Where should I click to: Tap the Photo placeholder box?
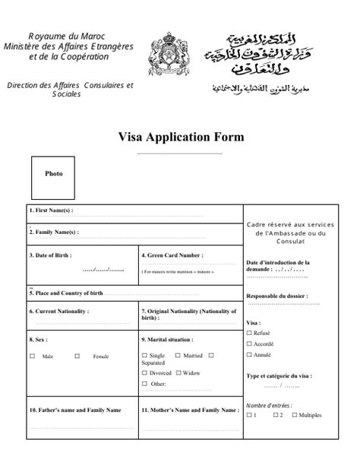(x=54, y=174)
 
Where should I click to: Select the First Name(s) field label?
(x=51, y=210)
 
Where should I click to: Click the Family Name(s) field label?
(x=53, y=232)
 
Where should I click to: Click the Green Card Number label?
(x=175, y=255)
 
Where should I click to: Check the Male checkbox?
(x=32, y=356)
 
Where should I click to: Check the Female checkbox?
(x=77, y=356)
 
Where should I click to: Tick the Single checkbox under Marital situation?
(x=145, y=355)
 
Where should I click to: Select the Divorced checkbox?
(x=145, y=372)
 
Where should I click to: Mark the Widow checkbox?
(x=179, y=372)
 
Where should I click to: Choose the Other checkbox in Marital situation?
(x=145, y=384)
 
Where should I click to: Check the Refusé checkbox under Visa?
(x=249, y=333)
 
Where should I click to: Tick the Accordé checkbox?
(x=249, y=343)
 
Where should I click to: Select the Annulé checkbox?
(x=249, y=354)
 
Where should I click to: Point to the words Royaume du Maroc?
(x=67, y=36)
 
